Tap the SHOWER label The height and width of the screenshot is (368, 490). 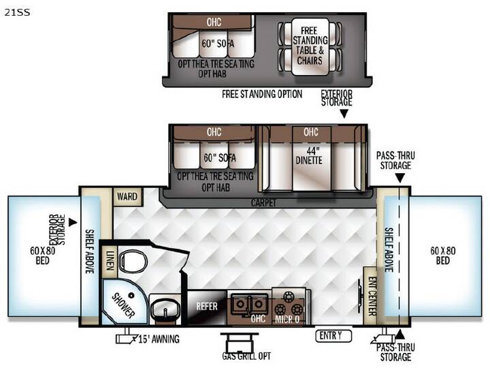(123, 306)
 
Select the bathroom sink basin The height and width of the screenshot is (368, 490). (165, 309)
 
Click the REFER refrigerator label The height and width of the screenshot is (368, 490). (207, 306)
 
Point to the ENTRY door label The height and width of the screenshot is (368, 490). (331, 336)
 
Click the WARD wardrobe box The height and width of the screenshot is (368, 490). (127, 197)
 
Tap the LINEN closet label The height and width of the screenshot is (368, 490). (110, 260)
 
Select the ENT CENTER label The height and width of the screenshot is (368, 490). (372, 296)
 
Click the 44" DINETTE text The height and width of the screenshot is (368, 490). (309, 155)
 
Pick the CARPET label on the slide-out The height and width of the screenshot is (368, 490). (263, 203)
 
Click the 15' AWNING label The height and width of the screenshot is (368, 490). (159, 339)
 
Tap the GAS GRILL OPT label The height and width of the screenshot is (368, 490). (246, 356)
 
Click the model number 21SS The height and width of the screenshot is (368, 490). (17, 12)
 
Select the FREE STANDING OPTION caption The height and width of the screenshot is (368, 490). (262, 94)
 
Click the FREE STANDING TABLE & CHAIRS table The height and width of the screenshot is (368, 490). (310, 46)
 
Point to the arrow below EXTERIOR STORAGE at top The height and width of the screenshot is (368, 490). (344, 113)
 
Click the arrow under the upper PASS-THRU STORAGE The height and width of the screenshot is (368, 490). (399, 178)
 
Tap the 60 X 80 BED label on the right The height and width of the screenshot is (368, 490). (443, 256)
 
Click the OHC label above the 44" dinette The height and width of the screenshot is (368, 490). (310, 132)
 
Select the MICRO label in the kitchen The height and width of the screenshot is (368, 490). (287, 319)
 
